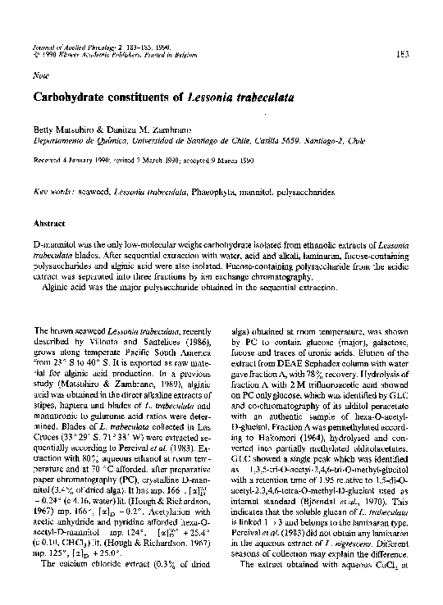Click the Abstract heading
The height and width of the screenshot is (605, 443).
click(49, 222)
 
